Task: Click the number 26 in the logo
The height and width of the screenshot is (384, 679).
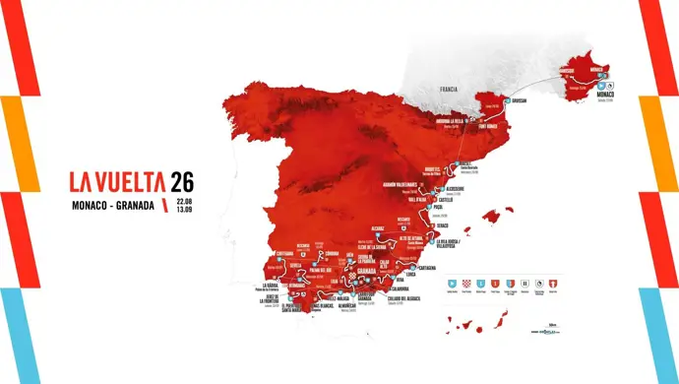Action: (x=182, y=181)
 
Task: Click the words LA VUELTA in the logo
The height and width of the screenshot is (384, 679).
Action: (x=118, y=182)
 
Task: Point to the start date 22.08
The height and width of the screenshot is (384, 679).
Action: (x=184, y=202)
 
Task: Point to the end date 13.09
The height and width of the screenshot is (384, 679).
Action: (x=184, y=211)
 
